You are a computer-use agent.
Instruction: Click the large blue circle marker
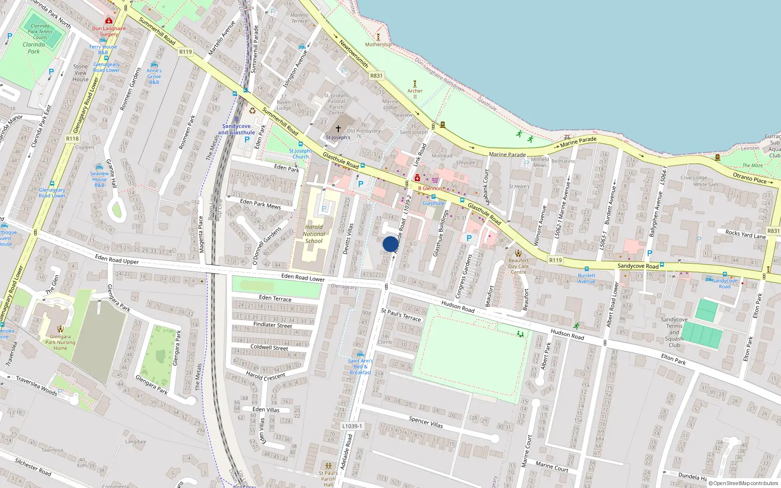390,244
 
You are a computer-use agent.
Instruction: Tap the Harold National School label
314,234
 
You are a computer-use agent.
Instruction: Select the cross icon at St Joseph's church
338,129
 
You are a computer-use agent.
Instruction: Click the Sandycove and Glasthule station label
236,129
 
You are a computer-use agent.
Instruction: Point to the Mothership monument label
378,44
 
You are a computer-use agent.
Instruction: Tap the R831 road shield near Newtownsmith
376,76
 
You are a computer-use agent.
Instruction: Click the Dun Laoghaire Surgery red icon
109,21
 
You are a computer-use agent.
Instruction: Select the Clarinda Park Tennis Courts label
40,32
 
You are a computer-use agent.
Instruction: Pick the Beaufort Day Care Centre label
518,266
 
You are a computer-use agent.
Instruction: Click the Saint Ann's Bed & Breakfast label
360,366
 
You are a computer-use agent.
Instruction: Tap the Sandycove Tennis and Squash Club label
674,332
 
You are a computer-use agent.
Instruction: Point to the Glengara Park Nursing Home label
60,342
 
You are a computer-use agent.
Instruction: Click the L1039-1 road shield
352,426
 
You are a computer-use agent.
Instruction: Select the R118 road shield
72,139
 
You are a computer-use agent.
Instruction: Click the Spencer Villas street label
426,422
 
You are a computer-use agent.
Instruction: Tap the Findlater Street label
272,325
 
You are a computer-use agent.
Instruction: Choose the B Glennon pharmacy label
430,188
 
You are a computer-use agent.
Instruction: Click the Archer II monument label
415,93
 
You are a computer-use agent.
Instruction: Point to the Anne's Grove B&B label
154,76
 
